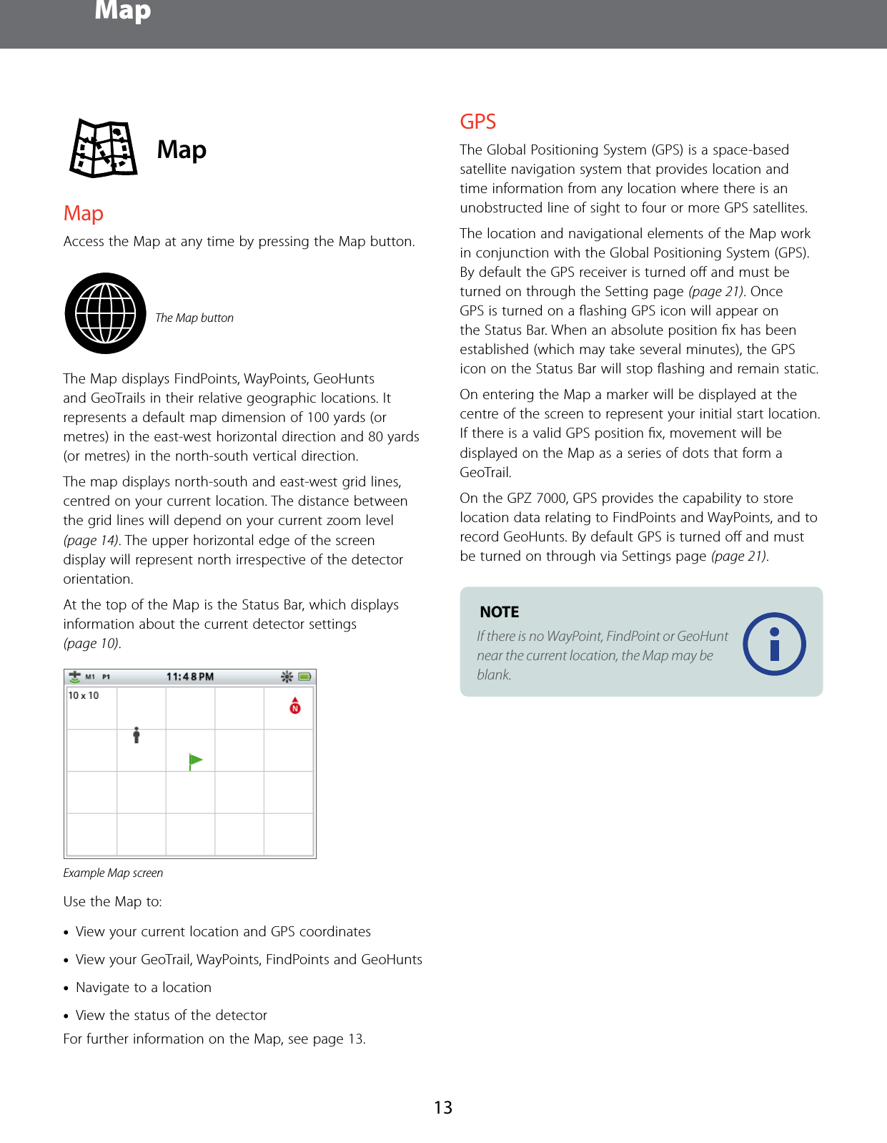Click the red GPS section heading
click(x=477, y=122)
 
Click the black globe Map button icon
click(x=106, y=313)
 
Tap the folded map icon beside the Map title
click(x=104, y=149)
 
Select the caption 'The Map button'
click(x=194, y=318)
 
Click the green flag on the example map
click(x=194, y=760)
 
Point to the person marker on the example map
click(x=137, y=735)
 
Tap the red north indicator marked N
click(x=295, y=706)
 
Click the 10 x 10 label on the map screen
click(x=84, y=695)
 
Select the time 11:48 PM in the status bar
click(x=189, y=677)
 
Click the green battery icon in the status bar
click(x=304, y=677)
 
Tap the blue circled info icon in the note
click(x=774, y=644)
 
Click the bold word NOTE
click(x=499, y=612)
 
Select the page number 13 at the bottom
click(x=443, y=1108)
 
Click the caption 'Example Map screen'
click(x=113, y=873)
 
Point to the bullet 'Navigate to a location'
click(x=143, y=987)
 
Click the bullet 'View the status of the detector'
click(x=171, y=1015)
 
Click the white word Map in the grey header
click(x=122, y=11)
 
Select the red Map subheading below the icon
click(x=83, y=213)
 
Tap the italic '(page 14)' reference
click(x=91, y=540)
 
